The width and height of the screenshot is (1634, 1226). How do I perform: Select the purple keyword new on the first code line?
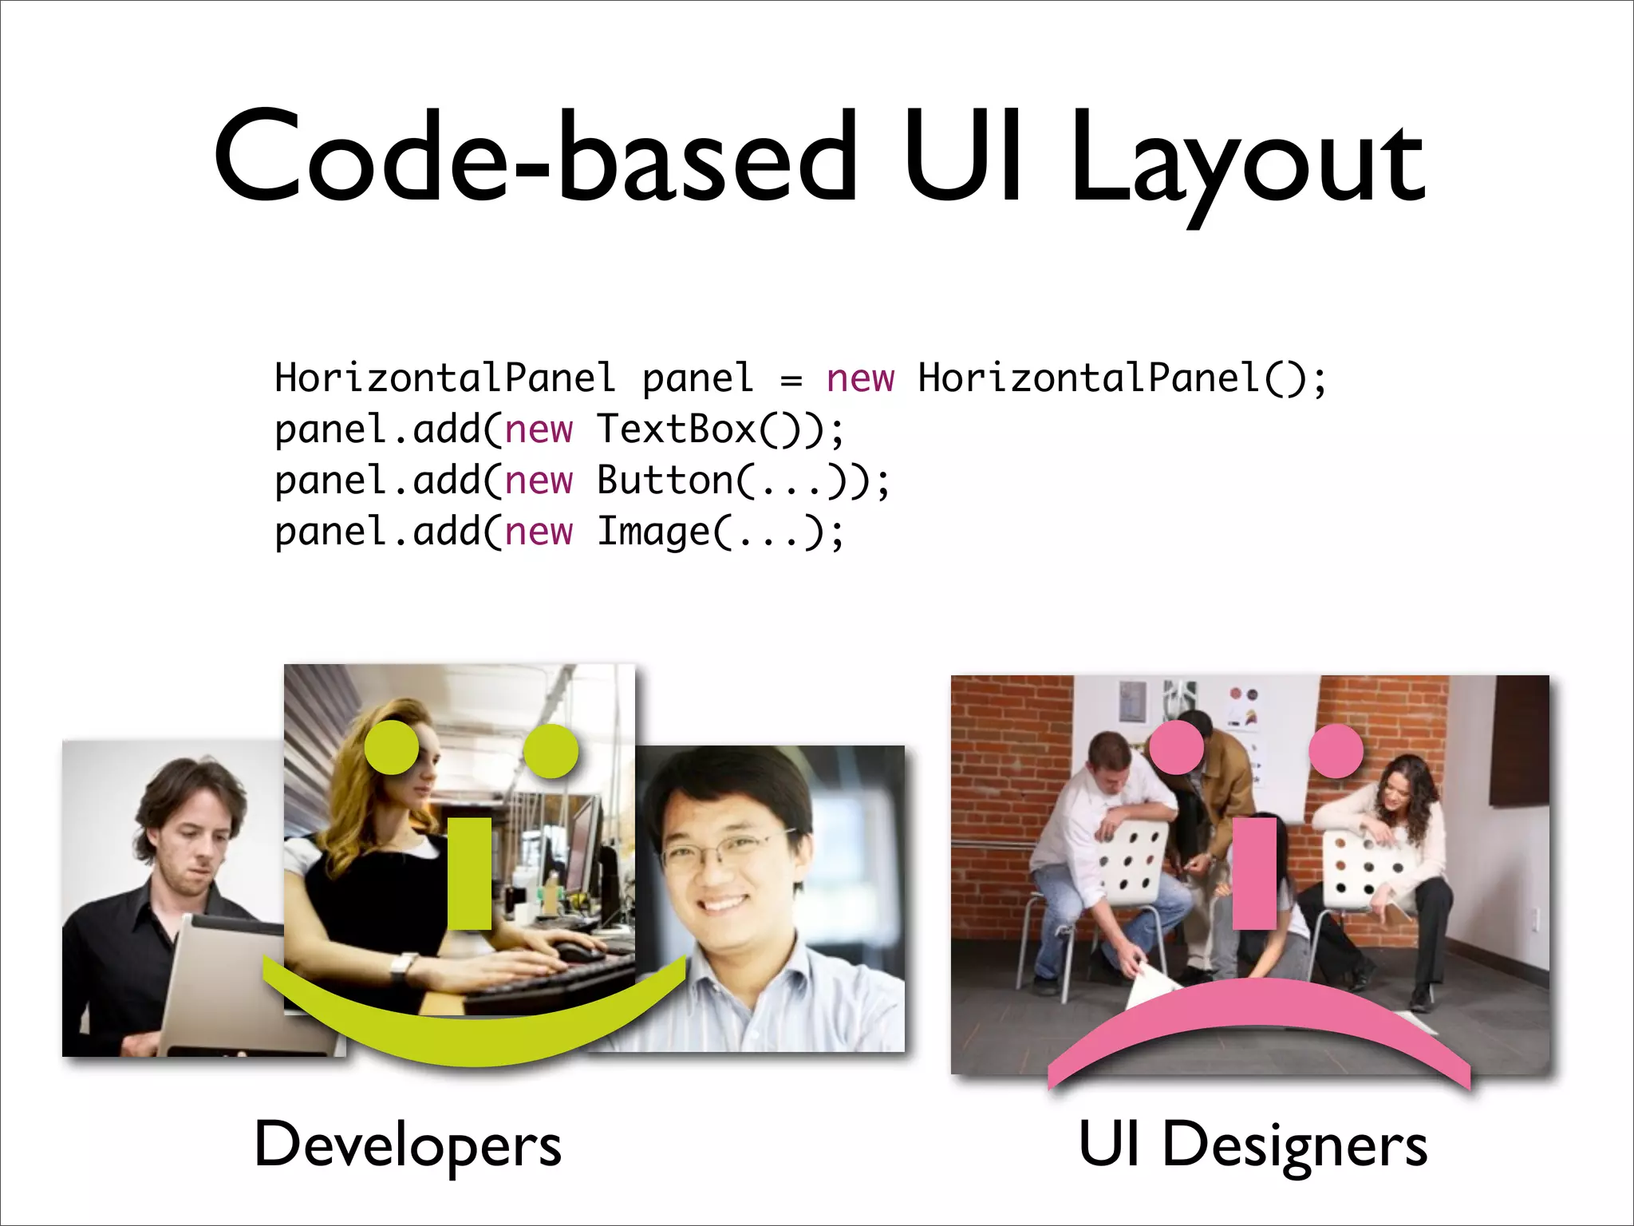(860, 378)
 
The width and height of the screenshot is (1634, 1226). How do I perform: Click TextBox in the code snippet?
(676, 429)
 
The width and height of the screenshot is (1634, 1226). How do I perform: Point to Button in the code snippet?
(665, 481)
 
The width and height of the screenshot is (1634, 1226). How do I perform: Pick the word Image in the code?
(653, 532)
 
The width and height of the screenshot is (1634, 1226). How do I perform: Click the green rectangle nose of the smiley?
(469, 873)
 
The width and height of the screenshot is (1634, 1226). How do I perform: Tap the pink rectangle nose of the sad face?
(1254, 873)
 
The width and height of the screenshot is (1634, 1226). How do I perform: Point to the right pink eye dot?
(1336, 751)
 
